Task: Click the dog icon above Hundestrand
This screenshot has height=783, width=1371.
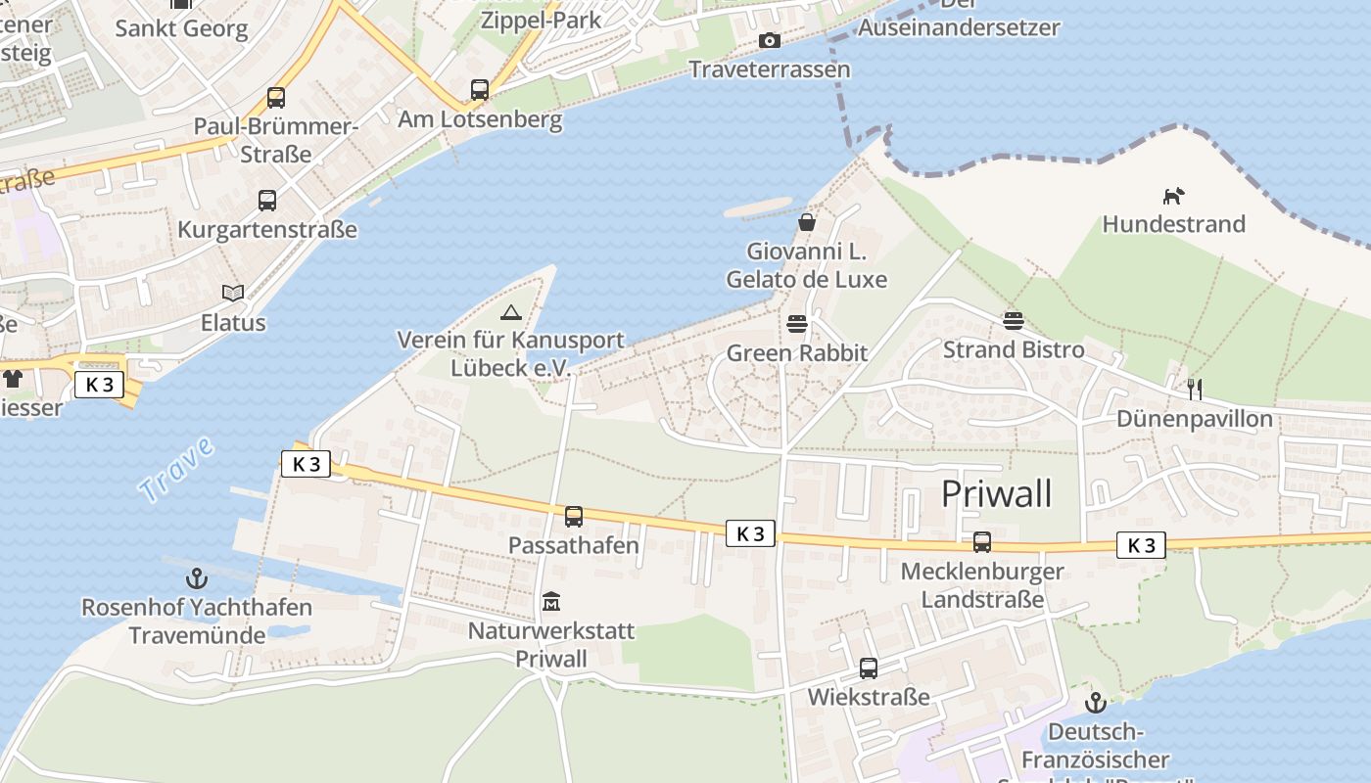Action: (1173, 196)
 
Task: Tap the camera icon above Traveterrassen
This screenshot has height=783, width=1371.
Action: (770, 40)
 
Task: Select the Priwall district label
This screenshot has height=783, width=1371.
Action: (996, 494)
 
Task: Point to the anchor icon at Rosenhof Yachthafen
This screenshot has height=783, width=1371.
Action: (197, 578)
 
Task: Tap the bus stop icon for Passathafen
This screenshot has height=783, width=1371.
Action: (574, 516)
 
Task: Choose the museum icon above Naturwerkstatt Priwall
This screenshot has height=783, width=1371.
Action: (550, 601)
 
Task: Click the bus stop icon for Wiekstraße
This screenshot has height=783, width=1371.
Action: (869, 668)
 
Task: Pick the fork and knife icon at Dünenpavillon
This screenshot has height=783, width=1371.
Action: (1194, 390)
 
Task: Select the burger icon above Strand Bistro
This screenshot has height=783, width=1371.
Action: (1013, 320)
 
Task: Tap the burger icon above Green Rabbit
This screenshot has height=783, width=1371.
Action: (797, 324)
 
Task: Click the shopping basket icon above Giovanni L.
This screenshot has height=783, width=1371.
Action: (807, 222)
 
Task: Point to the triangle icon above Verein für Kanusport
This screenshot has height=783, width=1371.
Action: (510, 312)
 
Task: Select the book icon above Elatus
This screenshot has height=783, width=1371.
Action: (233, 293)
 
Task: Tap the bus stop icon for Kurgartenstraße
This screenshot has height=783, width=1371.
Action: (267, 201)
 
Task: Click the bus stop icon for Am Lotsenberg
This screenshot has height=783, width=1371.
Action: (480, 90)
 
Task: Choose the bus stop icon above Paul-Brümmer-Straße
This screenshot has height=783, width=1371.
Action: (276, 98)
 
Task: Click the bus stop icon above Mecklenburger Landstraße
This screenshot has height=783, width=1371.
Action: (982, 541)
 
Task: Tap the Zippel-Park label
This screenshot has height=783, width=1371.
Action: (541, 19)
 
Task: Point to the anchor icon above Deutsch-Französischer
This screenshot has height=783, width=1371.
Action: (1095, 702)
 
